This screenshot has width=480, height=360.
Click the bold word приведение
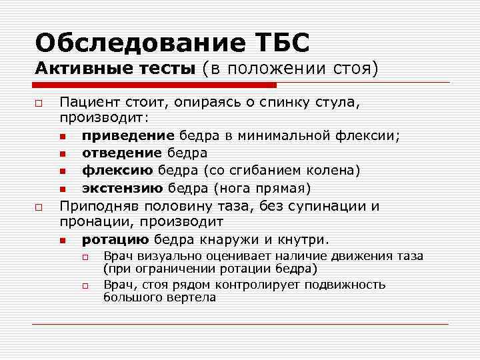123,136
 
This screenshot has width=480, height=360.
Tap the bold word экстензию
121,187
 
